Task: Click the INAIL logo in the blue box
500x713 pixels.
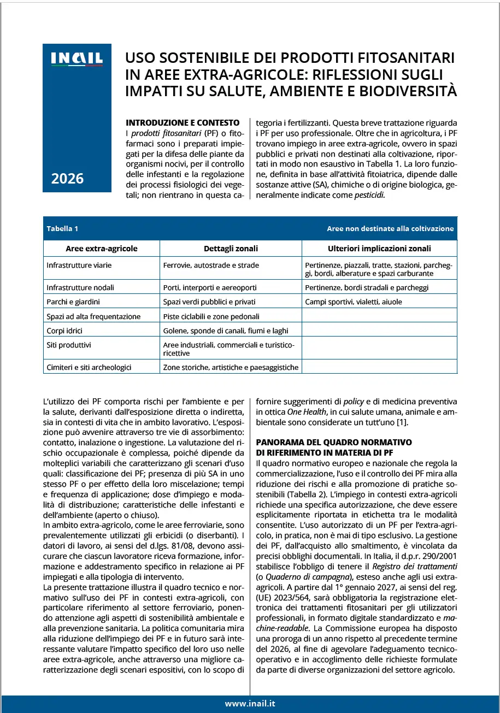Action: point(77,58)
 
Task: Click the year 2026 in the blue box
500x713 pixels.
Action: point(67,178)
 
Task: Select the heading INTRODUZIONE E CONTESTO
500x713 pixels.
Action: point(183,122)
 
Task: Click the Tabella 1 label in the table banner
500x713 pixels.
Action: point(62,229)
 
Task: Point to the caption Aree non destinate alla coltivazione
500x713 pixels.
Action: point(390,229)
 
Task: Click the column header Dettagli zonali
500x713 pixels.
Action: point(231,249)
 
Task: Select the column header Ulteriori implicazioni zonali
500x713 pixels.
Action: point(379,249)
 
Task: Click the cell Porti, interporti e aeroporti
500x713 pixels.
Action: point(209,287)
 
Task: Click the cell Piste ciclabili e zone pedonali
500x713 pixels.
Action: point(211,316)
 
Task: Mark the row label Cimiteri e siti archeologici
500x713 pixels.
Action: point(89,367)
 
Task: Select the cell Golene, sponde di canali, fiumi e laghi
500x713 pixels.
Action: point(225,331)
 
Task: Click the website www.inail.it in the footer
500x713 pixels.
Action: point(250,704)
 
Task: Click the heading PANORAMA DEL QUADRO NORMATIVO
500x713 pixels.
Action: point(334,441)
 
